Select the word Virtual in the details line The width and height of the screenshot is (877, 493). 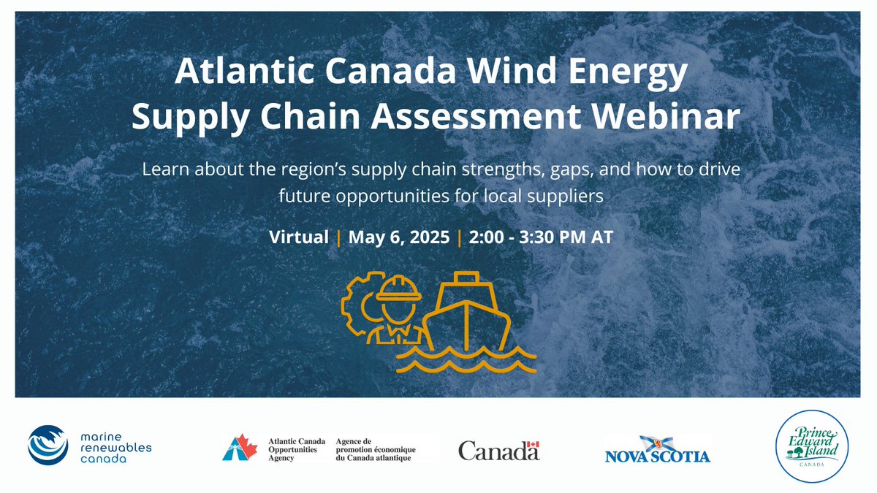[298, 237]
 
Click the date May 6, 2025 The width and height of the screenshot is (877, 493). [398, 237]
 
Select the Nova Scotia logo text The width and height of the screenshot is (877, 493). [657, 457]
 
